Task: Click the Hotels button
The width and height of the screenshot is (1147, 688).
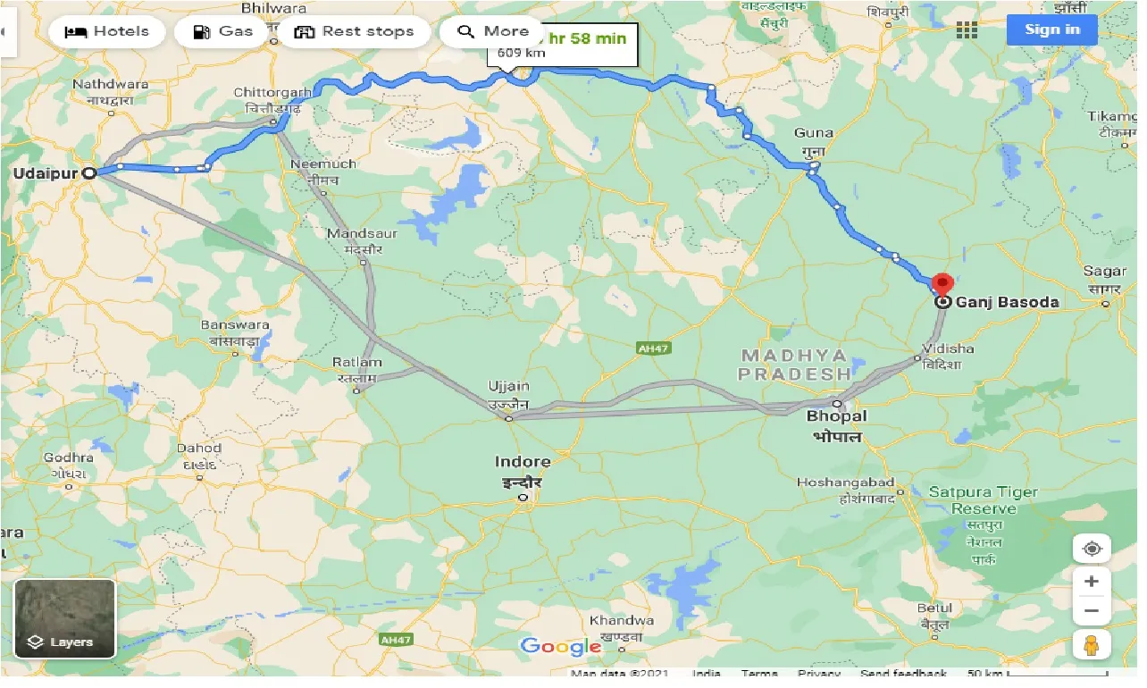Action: (x=107, y=31)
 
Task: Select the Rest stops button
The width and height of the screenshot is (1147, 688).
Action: (x=355, y=31)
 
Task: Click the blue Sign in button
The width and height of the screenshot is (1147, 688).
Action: (x=1051, y=29)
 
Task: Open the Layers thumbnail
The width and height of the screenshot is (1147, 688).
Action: (x=64, y=619)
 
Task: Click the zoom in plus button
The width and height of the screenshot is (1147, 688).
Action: (x=1091, y=582)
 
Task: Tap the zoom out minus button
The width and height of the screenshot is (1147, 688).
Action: (x=1091, y=612)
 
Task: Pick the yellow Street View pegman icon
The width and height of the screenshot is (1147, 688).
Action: (x=1091, y=644)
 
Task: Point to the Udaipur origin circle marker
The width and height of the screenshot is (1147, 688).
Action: (x=89, y=173)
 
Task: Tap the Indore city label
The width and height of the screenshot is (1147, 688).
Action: (x=523, y=462)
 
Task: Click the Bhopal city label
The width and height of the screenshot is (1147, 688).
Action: (x=836, y=416)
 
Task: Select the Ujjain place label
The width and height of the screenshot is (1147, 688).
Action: (x=508, y=387)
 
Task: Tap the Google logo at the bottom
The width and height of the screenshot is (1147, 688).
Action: (x=560, y=646)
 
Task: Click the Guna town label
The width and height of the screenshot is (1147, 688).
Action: (x=813, y=133)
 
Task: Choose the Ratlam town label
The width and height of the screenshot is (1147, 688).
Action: (x=356, y=363)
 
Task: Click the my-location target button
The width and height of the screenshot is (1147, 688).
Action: (x=1091, y=548)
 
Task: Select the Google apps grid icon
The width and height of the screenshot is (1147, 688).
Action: (x=967, y=30)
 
